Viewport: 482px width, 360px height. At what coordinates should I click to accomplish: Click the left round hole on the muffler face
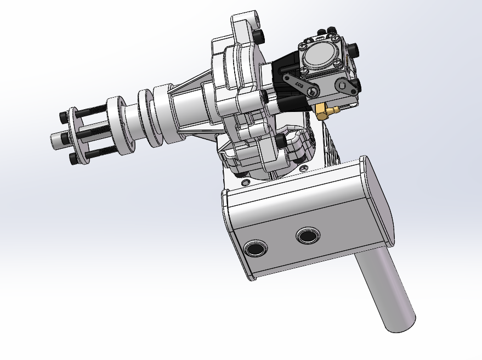click(256, 249)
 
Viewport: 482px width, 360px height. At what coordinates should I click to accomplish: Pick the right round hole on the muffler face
click(307, 237)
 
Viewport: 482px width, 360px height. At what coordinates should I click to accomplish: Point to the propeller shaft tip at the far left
click(55, 141)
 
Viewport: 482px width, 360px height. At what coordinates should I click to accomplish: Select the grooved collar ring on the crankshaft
click(148, 117)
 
